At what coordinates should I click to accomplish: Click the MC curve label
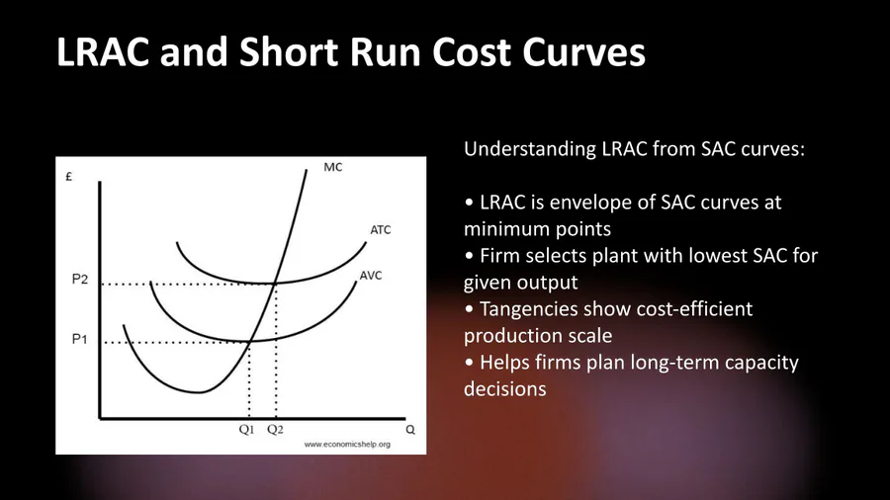click(x=333, y=167)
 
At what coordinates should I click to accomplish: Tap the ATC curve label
click(x=381, y=229)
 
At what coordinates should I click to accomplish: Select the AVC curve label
click(x=371, y=276)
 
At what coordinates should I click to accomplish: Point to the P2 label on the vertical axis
click(x=80, y=279)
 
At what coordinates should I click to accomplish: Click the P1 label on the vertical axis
click(x=79, y=339)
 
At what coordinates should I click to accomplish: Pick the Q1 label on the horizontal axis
click(x=246, y=430)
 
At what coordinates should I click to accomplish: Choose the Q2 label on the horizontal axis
click(x=275, y=430)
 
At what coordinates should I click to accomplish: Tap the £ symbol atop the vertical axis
click(x=68, y=177)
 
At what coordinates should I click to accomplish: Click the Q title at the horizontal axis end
click(x=410, y=430)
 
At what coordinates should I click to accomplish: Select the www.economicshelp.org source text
click(x=347, y=445)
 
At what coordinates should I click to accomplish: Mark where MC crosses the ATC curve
click(x=275, y=283)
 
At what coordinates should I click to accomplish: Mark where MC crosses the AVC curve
click(x=250, y=341)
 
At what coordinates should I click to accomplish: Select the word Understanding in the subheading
click(x=528, y=149)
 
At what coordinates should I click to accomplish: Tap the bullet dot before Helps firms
click(x=469, y=363)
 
